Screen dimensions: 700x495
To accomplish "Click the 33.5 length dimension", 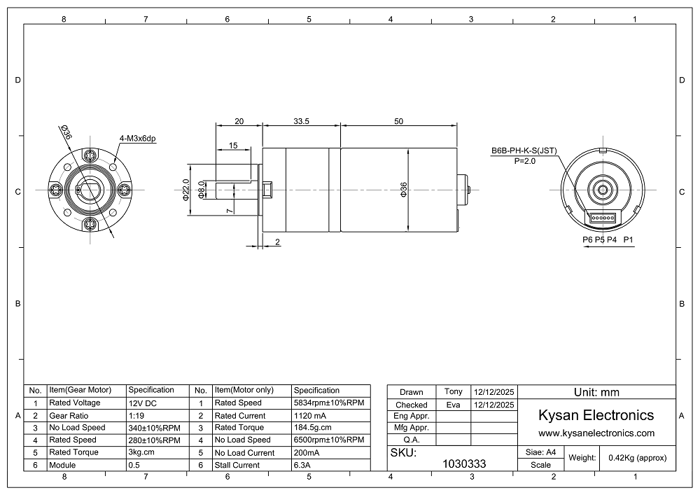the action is click(301, 121).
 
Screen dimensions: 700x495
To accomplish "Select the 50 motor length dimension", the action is click(399, 121).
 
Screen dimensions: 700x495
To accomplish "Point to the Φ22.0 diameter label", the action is click(186, 190).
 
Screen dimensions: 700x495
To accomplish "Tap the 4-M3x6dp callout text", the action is click(137, 139).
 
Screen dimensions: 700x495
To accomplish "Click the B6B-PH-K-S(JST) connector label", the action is click(524, 151).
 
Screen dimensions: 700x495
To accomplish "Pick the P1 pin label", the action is click(628, 239).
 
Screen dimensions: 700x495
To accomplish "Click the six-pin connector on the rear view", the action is click(602, 218).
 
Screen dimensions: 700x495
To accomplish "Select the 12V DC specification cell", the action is click(143, 403).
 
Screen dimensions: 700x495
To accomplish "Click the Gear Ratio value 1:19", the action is click(136, 416).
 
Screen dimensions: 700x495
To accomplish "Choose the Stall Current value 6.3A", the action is click(302, 465).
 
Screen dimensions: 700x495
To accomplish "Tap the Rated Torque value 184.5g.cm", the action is click(312, 428).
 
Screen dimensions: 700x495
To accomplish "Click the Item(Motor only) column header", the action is click(244, 390).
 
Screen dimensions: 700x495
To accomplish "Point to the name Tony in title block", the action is click(454, 391).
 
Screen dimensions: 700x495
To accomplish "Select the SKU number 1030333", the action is click(464, 463).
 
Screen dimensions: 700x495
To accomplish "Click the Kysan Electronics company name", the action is click(596, 415).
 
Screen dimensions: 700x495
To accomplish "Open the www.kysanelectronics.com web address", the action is click(596, 433).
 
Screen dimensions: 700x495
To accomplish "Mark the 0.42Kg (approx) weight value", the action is click(638, 457).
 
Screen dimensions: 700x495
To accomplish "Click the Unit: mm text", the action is click(597, 392).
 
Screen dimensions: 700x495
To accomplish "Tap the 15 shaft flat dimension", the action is click(233, 146).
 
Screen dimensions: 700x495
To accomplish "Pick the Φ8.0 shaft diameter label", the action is click(202, 190).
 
